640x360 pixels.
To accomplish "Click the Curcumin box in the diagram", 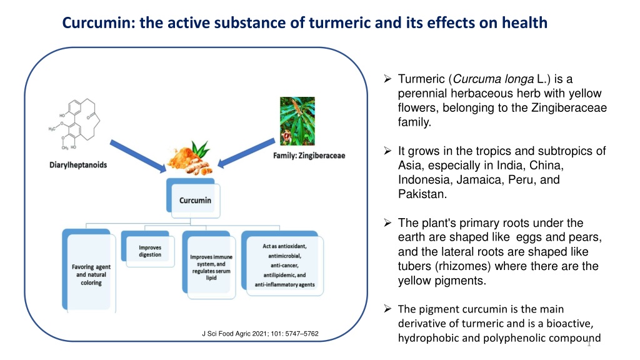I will (x=195, y=201).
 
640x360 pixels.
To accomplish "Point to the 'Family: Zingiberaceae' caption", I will (x=309, y=155).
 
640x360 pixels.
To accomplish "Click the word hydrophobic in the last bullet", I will (x=427, y=338).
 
